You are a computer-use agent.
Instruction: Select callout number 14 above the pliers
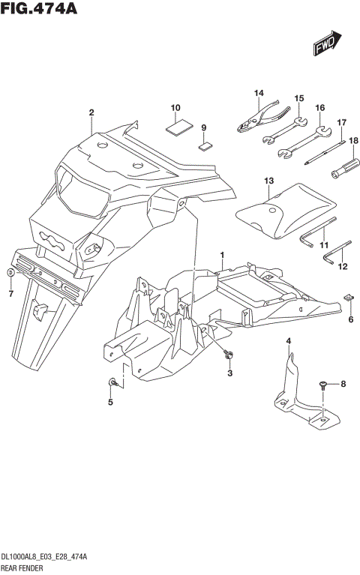click(x=259, y=93)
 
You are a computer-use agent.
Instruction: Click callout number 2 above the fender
click(x=91, y=113)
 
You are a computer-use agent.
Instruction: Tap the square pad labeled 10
click(x=177, y=127)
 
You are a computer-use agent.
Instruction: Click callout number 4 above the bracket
click(x=289, y=342)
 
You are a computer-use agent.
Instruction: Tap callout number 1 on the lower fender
click(x=222, y=256)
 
